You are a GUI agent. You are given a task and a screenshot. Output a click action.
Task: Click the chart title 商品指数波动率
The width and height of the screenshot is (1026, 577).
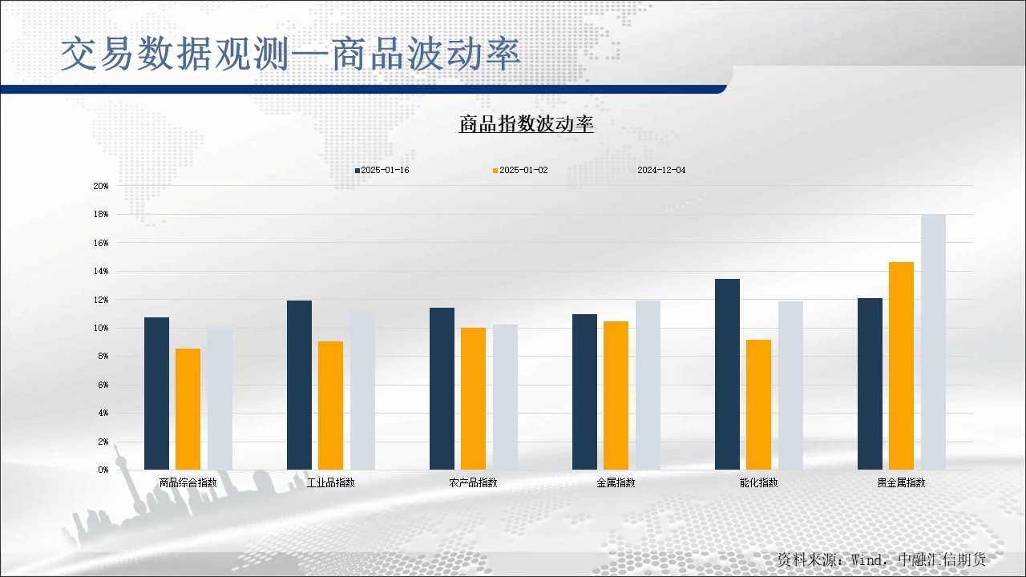pyautogui.click(x=526, y=124)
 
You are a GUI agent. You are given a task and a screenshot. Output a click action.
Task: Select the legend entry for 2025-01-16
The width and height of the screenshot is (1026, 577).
pyautogui.click(x=382, y=170)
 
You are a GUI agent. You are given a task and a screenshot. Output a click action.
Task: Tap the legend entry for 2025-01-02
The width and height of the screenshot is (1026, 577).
pyautogui.click(x=521, y=170)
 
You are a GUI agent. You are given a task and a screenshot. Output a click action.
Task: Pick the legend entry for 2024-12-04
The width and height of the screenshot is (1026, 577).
pyautogui.click(x=661, y=170)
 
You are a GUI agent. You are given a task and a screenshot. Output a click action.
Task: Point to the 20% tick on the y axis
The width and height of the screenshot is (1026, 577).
pyautogui.click(x=101, y=186)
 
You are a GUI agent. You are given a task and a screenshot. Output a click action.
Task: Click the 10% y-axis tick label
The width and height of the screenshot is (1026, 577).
pyautogui.click(x=101, y=328)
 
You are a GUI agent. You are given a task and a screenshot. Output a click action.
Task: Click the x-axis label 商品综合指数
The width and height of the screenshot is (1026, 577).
pyautogui.click(x=188, y=482)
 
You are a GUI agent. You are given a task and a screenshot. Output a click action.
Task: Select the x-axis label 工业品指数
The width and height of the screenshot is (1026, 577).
pyautogui.click(x=330, y=482)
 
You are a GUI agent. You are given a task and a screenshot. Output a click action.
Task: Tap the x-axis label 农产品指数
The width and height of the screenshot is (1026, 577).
pyautogui.click(x=473, y=482)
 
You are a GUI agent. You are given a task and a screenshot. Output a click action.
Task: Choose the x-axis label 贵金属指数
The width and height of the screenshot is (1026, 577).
pyautogui.click(x=901, y=482)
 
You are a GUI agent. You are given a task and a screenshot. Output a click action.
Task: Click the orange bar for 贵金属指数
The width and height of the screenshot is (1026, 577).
pyautogui.click(x=901, y=365)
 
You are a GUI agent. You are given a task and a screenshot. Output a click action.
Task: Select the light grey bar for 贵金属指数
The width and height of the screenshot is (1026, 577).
pyautogui.click(x=933, y=341)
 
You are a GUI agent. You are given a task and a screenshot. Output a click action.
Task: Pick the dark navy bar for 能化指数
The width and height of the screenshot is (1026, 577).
pyautogui.click(x=727, y=374)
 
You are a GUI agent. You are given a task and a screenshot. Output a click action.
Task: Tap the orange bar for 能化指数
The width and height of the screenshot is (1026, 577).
pyautogui.click(x=758, y=405)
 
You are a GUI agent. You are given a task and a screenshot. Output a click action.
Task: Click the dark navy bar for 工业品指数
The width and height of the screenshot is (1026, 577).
pyautogui.click(x=299, y=385)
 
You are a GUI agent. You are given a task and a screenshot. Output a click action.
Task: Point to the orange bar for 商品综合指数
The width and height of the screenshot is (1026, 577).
pyautogui.click(x=188, y=409)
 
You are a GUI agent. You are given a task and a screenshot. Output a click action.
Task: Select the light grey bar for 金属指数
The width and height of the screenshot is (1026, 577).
pyautogui.click(x=648, y=385)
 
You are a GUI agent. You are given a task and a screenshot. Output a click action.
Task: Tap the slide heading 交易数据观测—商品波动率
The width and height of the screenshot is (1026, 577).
pyautogui.click(x=290, y=54)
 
